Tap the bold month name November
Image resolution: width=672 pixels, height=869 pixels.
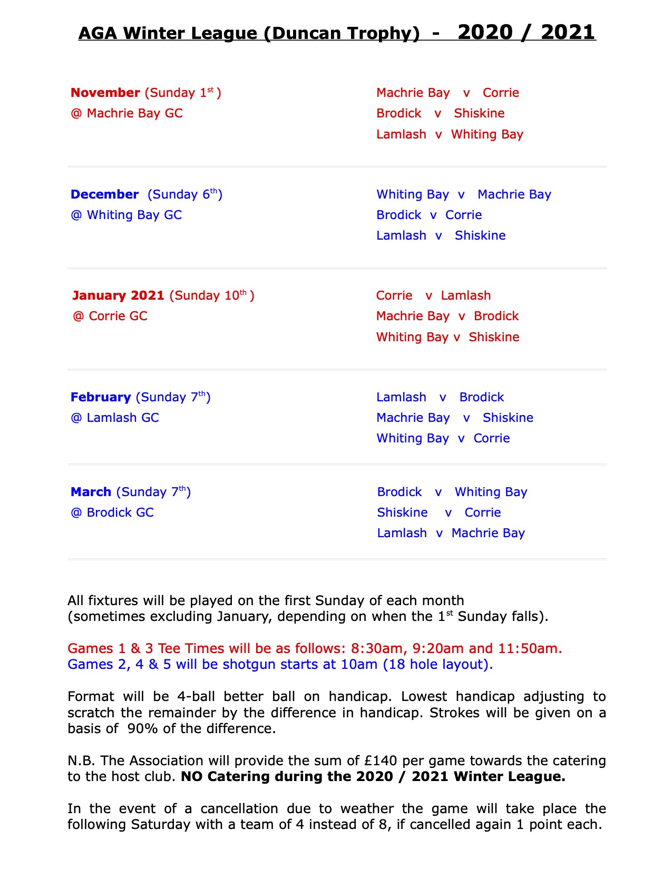(105, 93)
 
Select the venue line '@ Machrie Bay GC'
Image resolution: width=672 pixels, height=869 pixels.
(126, 113)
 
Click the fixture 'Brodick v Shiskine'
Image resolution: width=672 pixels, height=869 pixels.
(440, 113)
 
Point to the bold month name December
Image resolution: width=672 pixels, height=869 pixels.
(104, 194)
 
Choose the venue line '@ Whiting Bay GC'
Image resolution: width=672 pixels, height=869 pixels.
(126, 215)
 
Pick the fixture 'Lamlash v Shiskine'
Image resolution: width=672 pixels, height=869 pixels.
(441, 235)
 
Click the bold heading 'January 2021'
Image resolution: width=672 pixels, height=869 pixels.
(118, 295)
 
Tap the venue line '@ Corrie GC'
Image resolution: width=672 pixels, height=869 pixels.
(110, 316)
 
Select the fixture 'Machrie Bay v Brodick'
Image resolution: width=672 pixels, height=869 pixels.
(447, 316)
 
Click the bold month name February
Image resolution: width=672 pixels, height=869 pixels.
(100, 397)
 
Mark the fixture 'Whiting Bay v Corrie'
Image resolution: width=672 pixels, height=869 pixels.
(443, 438)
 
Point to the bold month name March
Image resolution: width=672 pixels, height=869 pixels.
(91, 492)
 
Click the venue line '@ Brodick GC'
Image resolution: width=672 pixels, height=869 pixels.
(112, 512)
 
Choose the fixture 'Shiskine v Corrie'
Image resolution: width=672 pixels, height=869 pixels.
(439, 512)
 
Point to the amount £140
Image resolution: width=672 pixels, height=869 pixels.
(381, 761)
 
